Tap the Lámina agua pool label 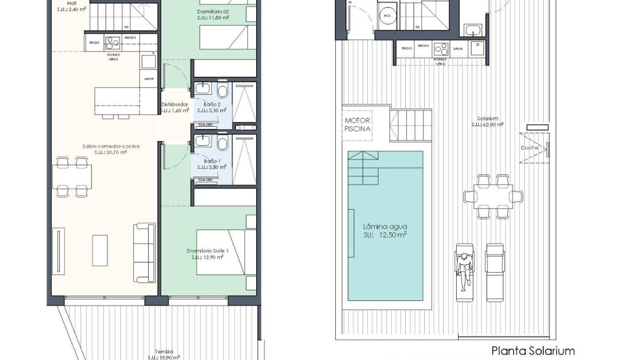[385, 231]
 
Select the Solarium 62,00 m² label [488, 121]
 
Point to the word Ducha [529, 148]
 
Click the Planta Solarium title [532, 351]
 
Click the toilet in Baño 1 [222, 144]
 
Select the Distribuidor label [174, 107]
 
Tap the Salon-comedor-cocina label [117, 149]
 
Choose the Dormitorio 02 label [213, 14]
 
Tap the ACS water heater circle [385, 15]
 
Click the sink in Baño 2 [202, 90]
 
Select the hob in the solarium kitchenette [441, 49]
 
